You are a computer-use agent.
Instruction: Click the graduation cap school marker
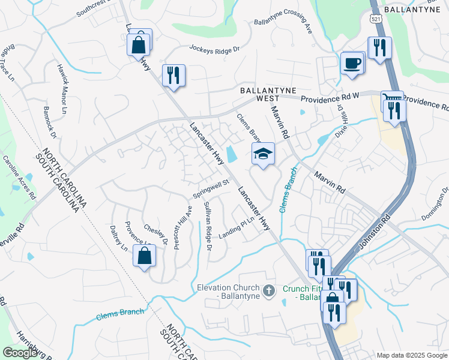(x=262, y=154)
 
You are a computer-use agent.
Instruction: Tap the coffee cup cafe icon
(x=352, y=63)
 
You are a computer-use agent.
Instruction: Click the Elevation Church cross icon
(x=269, y=290)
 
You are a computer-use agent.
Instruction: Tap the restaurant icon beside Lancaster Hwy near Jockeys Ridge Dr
(x=173, y=76)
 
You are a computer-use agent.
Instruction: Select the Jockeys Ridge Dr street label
(x=214, y=48)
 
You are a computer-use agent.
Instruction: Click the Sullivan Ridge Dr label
(x=207, y=227)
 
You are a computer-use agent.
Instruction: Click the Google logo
(x=20, y=352)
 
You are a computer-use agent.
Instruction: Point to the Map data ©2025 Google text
(x=411, y=355)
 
